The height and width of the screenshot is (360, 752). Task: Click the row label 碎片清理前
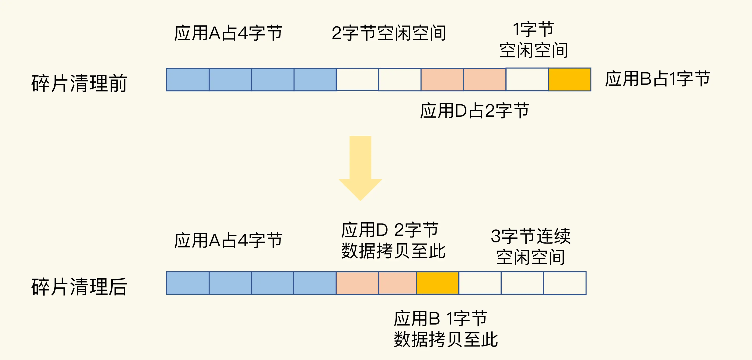(79, 83)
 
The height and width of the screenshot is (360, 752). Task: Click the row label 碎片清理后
(79, 287)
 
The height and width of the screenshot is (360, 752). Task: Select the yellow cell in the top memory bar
(569, 79)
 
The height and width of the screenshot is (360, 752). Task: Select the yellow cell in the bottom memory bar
(437, 283)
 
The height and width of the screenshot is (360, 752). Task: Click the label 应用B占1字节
(658, 79)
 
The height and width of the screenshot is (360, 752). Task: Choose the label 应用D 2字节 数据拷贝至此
(393, 240)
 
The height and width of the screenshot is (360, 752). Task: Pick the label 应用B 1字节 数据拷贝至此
(445, 329)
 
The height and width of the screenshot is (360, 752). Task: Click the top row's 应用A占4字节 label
(228, 33)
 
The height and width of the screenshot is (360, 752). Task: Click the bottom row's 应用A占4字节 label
(228, 240)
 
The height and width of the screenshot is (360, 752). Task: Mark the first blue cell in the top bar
(188, 79)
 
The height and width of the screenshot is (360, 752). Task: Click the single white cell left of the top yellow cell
(527, 79)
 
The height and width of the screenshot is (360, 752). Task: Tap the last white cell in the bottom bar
(565, 283)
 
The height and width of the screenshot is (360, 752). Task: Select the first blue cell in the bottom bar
(188, 283)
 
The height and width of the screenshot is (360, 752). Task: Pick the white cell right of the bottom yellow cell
(480, 283)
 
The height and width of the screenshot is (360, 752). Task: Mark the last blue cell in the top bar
(315, 79)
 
